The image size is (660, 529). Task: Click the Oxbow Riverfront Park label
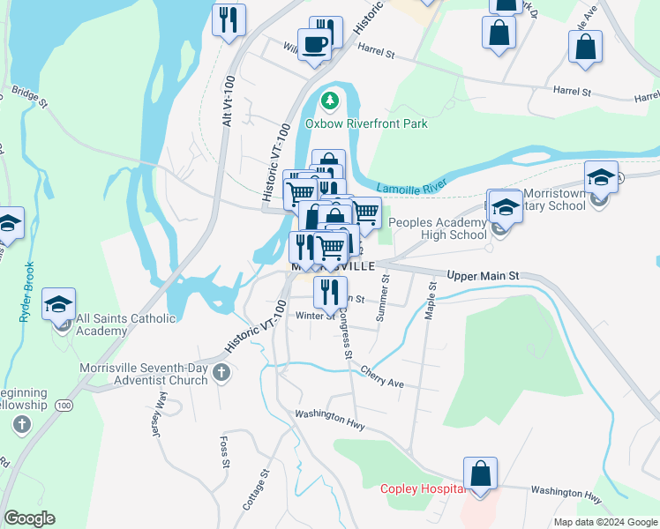coord(366,124)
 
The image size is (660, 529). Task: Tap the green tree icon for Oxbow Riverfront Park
coord(330,101)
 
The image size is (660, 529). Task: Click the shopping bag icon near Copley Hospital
coord(481,474)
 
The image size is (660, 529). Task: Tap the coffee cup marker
coord(315,43)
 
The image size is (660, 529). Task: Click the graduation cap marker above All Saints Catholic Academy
coord(59,305)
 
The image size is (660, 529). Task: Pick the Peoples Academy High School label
coord(438,229)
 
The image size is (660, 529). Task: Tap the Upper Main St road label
coord(484,276)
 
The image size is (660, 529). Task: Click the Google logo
coord(29,518)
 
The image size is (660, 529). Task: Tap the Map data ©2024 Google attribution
coord(604,522)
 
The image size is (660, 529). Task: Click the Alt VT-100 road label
coord(229,100)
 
